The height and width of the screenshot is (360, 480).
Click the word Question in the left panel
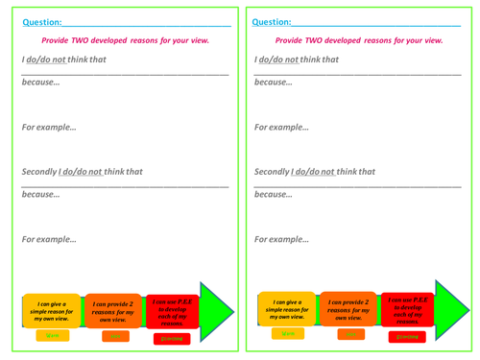(41, 21)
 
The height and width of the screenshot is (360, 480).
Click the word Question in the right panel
(273, 21)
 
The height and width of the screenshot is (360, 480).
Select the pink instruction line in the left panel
(125, 40)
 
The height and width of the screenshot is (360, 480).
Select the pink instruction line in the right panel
(359, 40)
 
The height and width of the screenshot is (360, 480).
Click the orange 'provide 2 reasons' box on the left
(113, 310)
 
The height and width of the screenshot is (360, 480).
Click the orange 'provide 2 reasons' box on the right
(348, 309)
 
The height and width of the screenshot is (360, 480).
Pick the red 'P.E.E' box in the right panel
(407, 311)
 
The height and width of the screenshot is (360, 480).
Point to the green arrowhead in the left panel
(217, 311)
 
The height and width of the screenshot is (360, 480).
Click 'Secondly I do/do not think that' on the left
(82, 172)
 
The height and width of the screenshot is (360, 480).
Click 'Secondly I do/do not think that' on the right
(315, 172)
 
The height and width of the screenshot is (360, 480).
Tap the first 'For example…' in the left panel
(49, 127)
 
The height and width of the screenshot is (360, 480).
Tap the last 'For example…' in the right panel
(282, 239)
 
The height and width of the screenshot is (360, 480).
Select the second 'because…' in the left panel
(40, 194)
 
